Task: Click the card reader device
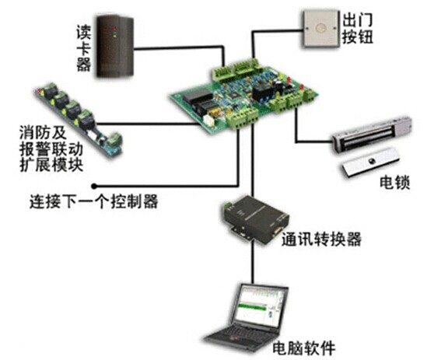coord(115,47)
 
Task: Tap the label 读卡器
coord(83,47)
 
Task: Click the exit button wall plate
coord(321,29)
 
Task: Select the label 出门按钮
coord(358,29)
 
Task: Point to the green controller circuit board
coord(243,96)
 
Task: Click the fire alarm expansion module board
coord(79,118)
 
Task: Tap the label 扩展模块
coord(51,165)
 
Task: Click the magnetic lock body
coord(373,135)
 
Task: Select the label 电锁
coord(394,183)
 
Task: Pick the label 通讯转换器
coord(321,239)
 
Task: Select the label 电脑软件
coord(304,348)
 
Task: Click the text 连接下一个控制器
coord(93,201)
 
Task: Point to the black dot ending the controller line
coord(94,187)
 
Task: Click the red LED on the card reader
coord(114,29)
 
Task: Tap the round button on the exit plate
coord(321,28)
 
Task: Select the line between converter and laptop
coord(253,263)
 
